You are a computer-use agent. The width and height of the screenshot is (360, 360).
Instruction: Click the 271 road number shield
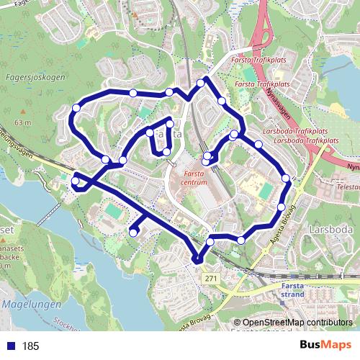tap(210, 277)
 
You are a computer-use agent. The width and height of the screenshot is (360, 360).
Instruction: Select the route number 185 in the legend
tap(31, 346)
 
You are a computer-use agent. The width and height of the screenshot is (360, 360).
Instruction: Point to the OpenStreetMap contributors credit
tap(297, 323)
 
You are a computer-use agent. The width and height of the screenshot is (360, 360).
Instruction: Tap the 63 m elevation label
tap(22, 123)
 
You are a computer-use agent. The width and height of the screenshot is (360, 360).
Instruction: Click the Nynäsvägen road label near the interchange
tap(277, 104)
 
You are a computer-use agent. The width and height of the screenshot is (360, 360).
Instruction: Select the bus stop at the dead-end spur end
tap(134, 232)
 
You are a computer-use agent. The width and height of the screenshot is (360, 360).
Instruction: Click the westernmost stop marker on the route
tap(75, 181)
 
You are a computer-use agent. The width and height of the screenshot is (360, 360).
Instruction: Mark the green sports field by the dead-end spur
tap(114, 212)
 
